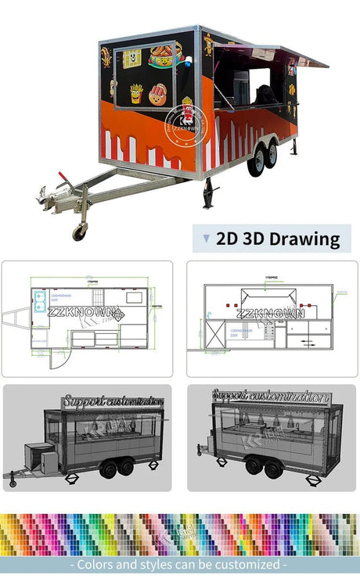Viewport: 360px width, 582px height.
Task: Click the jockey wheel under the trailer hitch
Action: (x=79, y=232)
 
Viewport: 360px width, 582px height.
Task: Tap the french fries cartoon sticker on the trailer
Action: (x=136, y=93)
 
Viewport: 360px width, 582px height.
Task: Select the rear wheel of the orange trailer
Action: (x=271, y=156)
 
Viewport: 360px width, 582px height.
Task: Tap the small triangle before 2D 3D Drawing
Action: (x=206, y=239)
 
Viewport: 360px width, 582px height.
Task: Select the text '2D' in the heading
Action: (x=227, y=239)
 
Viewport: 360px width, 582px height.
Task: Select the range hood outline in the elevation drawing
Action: (x=268, y=296)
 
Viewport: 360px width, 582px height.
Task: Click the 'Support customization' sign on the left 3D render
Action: (x=113, y=402)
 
